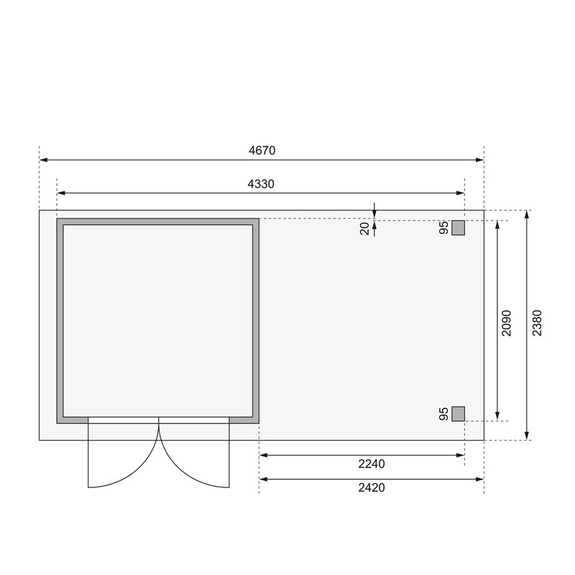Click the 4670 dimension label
pos(262,151)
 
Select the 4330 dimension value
pos(261,184)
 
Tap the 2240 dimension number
pos(372,464)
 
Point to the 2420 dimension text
pos(372,487)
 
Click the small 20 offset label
pos(365,228)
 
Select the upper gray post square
pos(458,228)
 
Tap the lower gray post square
pos(458,413)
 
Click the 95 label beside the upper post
pos(444,228)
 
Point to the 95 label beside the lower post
pos(444,413)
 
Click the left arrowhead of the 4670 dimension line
pos(42,160)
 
